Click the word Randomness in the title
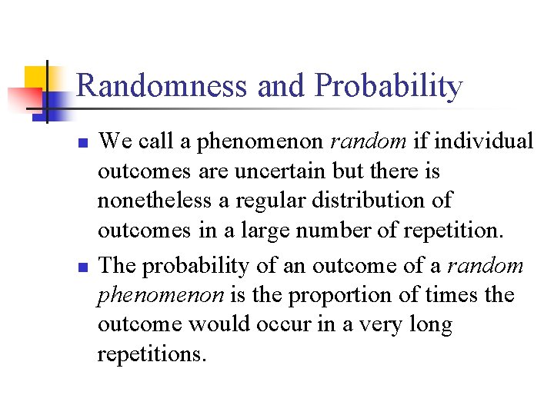163,86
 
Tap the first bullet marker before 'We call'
85,144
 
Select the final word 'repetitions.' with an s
152,356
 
